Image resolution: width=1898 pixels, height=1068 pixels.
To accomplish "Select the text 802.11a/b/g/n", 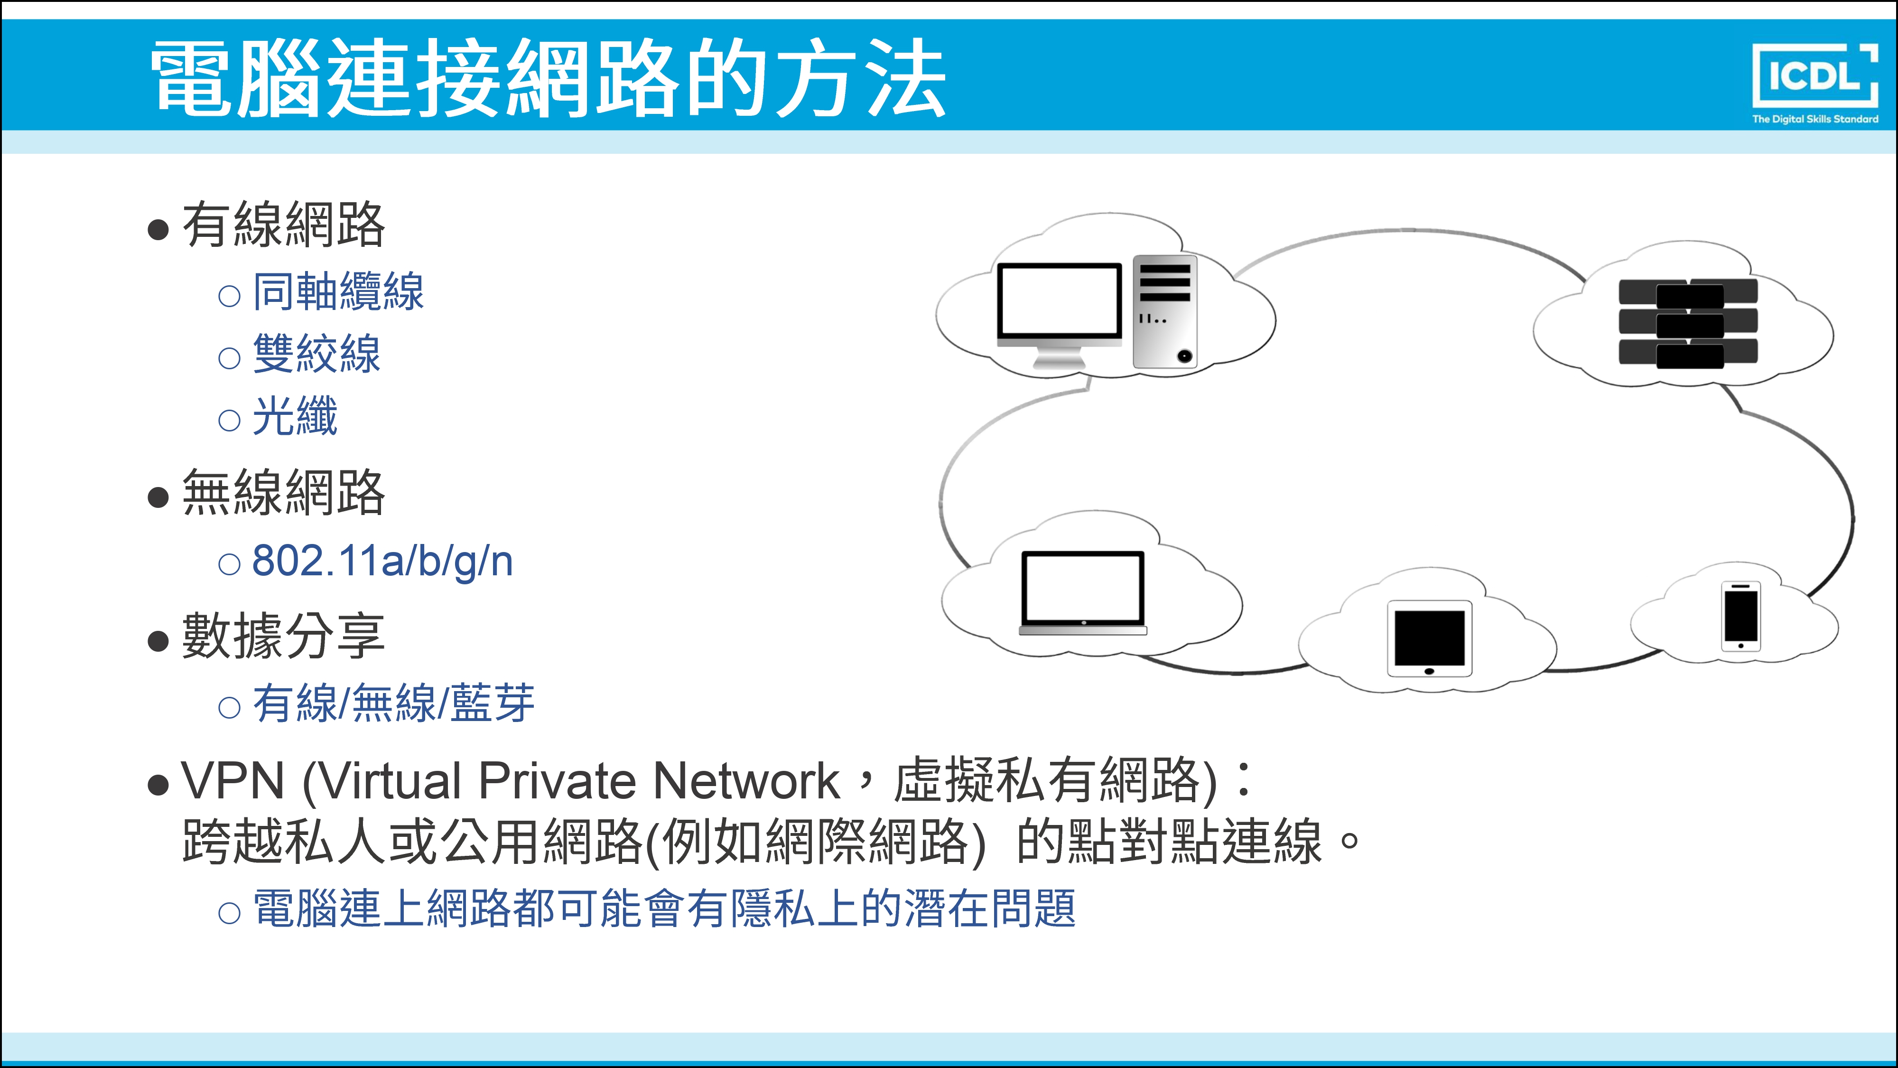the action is click(382, 561).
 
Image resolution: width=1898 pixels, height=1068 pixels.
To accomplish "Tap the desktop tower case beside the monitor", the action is click(1165, 312).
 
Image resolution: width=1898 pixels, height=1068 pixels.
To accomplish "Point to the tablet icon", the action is click(1429, 638).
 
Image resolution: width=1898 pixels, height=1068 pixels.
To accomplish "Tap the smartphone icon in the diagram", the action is click(1741, 616).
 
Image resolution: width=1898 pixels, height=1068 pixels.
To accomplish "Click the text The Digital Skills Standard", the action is click(1815, 119).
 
